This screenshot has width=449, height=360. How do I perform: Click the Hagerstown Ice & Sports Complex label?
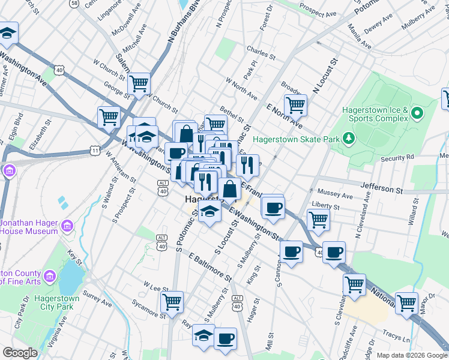[375, 114]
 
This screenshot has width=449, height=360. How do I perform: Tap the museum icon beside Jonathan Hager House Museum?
[67, 227]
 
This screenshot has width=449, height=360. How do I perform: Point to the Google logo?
[20, 353]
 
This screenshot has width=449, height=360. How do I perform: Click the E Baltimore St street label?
[209, 267]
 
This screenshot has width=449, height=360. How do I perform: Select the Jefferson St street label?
[382, 188]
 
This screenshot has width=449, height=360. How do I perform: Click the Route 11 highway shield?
[95, 149]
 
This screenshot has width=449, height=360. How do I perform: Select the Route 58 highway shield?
[74, 4]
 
